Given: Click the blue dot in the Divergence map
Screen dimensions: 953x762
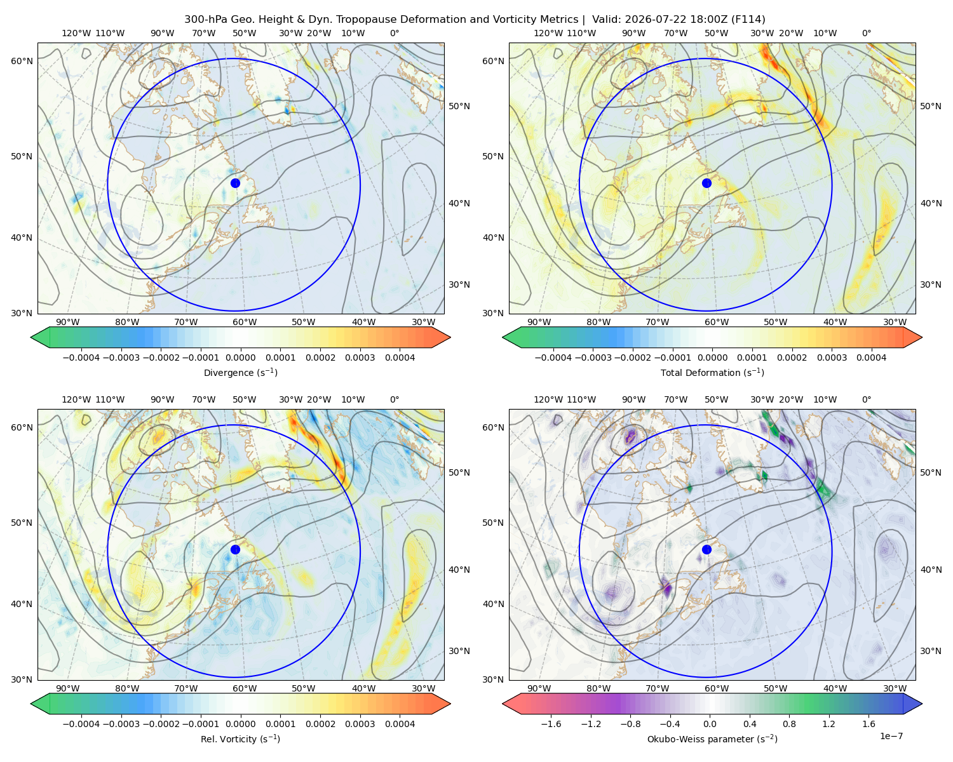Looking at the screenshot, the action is click(x=235, y=183).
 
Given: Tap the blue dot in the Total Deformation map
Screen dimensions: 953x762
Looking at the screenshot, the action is click(x=706, y=183).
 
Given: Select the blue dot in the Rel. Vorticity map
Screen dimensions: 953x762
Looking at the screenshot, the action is click(x=235, y=549).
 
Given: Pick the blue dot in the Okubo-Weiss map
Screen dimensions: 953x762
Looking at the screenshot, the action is click(x=706, y=549).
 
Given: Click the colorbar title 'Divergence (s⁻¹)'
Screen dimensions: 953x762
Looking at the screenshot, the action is click(x=240, y=373).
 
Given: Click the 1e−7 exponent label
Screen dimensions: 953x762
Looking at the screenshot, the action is click(x=891, y=736).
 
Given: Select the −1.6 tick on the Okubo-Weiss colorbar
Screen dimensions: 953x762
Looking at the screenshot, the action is click(x=551, y=724).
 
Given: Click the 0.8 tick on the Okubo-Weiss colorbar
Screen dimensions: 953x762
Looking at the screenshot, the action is click(x=789, y=724).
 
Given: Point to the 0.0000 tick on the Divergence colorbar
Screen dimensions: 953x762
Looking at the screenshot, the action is click(x=240, y=358).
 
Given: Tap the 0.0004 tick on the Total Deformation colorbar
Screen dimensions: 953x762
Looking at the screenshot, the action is click(x=871, y=358).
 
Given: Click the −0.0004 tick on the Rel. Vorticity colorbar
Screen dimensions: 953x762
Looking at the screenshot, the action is click(x=81, y=724).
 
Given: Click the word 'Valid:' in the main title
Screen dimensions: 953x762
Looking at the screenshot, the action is click(x=607, y=20).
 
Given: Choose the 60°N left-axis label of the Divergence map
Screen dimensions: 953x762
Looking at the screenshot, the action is click(x=22, y=61).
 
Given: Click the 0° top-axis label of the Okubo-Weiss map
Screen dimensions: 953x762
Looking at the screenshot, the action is click(x=867, y=399).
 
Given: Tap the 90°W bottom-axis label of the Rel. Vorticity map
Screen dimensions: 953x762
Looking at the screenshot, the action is click(x=68, y=688).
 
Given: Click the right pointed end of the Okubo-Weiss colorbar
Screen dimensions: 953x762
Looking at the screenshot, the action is click(x=922, y=704).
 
